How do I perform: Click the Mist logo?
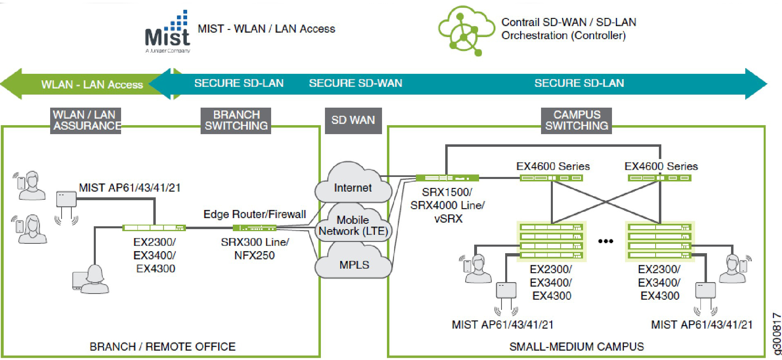168,32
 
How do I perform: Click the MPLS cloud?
353,261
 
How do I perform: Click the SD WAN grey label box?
353,120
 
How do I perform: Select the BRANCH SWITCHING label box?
236,120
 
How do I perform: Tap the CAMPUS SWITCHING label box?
577,120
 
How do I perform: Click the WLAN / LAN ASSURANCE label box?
86,120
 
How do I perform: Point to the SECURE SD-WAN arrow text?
356,83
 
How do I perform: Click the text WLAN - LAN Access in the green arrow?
92,84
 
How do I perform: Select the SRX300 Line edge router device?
254,228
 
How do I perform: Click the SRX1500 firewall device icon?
447,178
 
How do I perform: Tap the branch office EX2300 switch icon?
154,228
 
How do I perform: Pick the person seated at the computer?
91,279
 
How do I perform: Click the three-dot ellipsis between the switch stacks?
605,241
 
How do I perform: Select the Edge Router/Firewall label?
255,214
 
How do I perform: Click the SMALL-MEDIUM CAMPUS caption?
577,347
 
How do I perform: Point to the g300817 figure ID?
777,333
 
